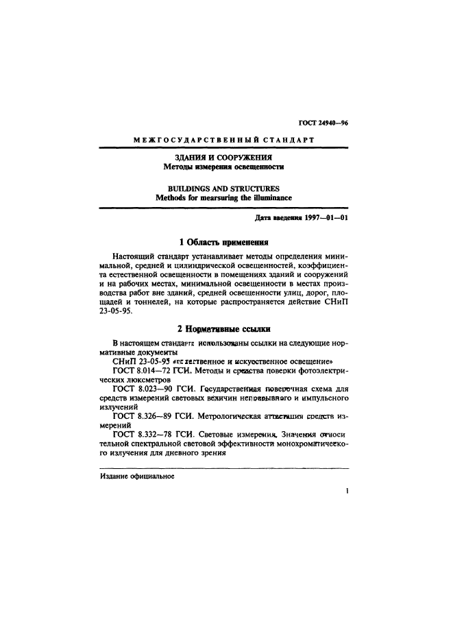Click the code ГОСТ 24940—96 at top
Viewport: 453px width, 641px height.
tap(325, 123)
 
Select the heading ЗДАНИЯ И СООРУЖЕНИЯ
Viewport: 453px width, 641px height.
tap(223, 157)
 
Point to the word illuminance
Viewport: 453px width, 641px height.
tap(268, 197)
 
